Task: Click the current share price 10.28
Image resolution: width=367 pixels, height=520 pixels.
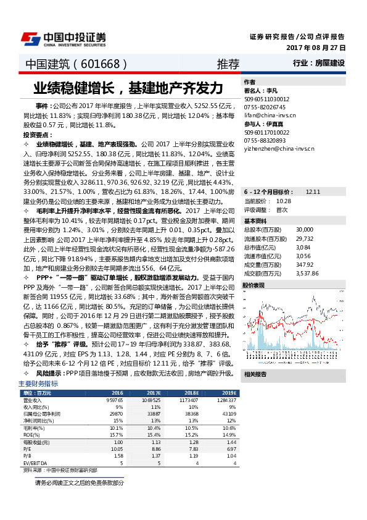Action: tap(284, 201)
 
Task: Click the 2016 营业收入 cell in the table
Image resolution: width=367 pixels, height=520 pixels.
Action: tap(115, 401)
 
